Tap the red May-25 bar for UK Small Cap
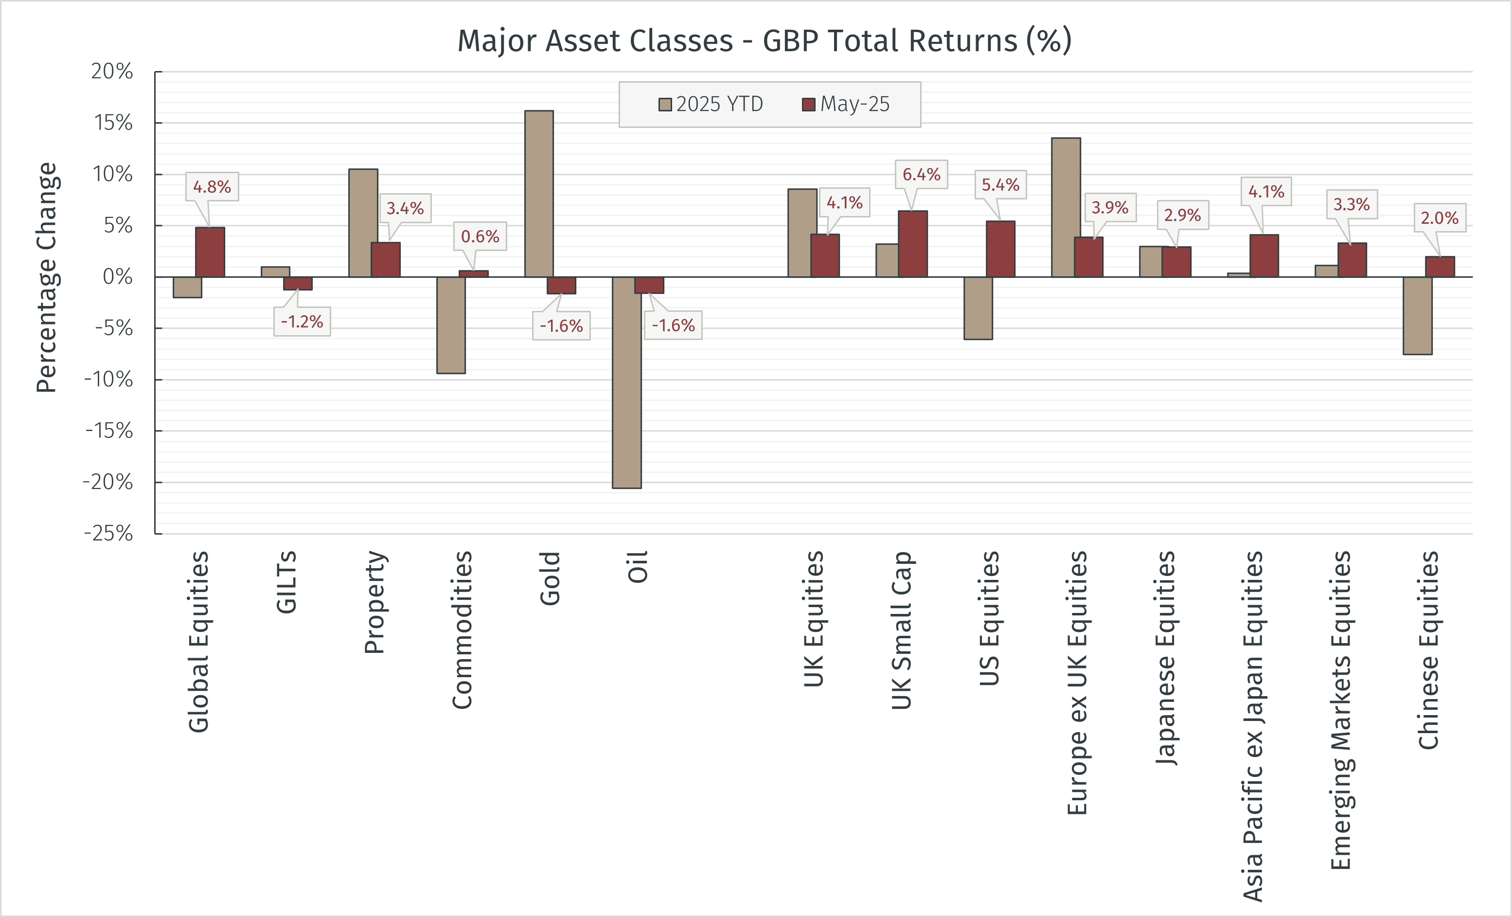(x=912, y=244)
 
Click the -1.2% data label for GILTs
(x=302, y=322)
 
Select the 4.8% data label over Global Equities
(x=212, y=187)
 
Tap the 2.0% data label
(x=1439, y=218)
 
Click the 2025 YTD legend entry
(x=711, y=104)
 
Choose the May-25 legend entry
(x=846, y=104)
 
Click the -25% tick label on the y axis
(x=108, y=533)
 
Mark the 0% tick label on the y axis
(x=117, y=277)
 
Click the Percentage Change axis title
(x=47, y=277)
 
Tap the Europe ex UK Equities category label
(x=1077, y=683)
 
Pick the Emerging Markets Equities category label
(x=1340, y=710)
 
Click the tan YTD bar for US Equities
(x=978, y=308)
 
